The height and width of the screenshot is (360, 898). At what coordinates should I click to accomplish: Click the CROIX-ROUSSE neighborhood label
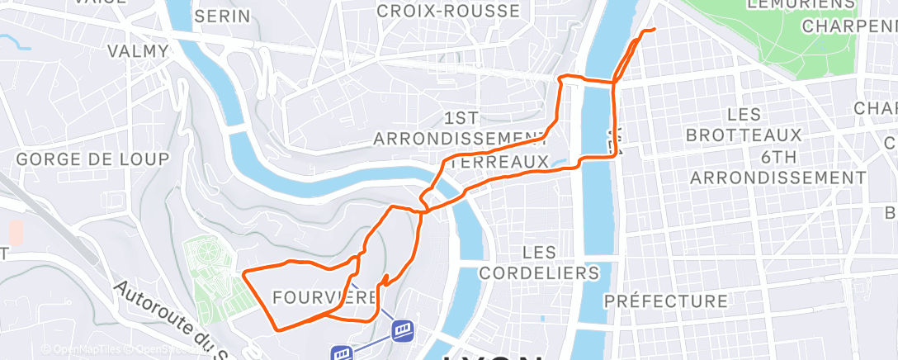448,11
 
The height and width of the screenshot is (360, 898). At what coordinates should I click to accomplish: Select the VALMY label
138,51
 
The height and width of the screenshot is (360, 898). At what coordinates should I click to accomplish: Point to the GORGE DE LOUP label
92,159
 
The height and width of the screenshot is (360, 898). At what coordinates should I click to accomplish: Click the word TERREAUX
499,163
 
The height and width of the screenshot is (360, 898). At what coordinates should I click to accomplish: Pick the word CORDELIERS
539,272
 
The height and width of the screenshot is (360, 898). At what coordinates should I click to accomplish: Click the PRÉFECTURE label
665,301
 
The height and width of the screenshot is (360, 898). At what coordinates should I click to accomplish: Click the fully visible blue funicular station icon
403,330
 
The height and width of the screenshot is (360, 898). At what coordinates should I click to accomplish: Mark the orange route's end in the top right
654,30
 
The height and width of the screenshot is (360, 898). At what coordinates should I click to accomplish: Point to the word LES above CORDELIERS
540,250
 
